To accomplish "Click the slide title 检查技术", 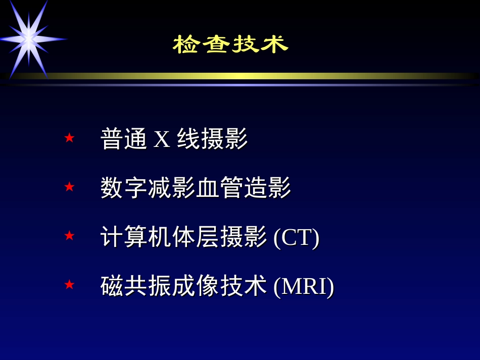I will point(230,44).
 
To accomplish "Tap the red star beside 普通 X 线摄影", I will point(69,138).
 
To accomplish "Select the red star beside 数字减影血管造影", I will point(69,187).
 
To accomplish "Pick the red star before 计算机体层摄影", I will point(69,236).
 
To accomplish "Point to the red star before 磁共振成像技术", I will point(69,285).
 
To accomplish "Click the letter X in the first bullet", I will point(162,139).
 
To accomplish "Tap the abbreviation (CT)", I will point(296,237).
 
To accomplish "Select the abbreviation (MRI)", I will point(304,286).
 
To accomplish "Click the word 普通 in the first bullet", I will point(124,139).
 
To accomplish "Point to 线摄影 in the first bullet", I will point(212,139).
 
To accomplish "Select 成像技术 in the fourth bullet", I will point(220,286).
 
